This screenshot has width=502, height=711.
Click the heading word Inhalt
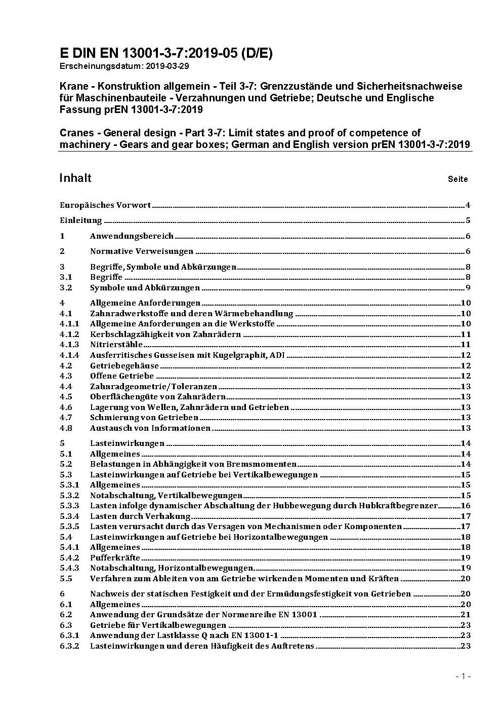75,178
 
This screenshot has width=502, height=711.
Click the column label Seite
457,179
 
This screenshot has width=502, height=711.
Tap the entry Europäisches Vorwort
105,205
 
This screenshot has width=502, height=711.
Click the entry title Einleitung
81,220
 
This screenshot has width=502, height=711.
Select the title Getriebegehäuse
124,365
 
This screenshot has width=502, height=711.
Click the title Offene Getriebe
122,376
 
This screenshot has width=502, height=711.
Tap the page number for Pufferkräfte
466,558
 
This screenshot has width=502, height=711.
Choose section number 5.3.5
69,527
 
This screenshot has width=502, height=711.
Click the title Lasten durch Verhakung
140,516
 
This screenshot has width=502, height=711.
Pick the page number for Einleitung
468,220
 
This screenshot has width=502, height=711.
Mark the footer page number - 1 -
463,676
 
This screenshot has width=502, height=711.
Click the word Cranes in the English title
76,133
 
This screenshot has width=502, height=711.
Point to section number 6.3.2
69,646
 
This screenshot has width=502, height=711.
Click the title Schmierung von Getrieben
144,418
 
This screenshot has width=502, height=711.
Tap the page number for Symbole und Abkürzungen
468,288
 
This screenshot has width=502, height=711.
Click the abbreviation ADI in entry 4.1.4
277,355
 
